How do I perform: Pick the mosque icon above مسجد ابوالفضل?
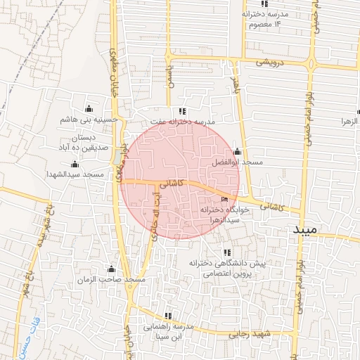237,152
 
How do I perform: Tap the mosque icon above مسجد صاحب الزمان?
110,269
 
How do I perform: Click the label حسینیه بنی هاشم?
89,120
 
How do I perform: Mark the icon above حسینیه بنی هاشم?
89,108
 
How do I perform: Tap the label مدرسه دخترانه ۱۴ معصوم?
265,19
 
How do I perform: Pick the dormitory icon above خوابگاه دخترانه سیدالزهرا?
224,200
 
